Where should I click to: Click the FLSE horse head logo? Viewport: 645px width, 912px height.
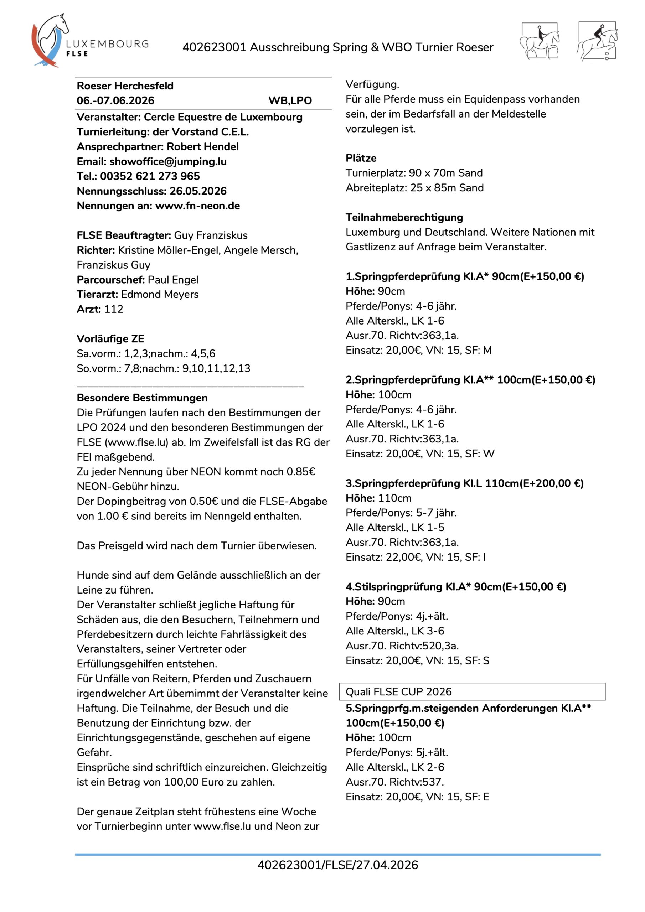[50, 40]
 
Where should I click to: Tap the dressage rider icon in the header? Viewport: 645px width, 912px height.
[539, 41]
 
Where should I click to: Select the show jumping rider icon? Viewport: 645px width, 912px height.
[597, 41]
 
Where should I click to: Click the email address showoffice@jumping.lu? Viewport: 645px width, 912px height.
[168, 161]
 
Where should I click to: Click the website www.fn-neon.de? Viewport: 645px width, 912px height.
[197, 206]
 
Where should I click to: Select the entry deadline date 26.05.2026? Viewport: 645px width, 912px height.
[198, 191]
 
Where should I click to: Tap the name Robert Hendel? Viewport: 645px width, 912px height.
[203, 146]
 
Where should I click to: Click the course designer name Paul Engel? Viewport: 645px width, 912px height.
[173, 280]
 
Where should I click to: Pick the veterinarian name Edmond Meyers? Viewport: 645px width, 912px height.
[160, 294]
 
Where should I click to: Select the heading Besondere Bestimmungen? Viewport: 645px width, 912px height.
[142, 398]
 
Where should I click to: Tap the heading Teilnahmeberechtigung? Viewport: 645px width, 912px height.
[404, 217]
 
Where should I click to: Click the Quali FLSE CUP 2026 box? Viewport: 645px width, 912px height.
[472, 691]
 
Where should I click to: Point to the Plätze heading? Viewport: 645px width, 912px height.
[361, 158]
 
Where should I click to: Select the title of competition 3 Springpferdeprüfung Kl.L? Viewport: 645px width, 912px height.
[464, 483]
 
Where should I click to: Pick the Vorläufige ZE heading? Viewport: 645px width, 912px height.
[110, 339]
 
